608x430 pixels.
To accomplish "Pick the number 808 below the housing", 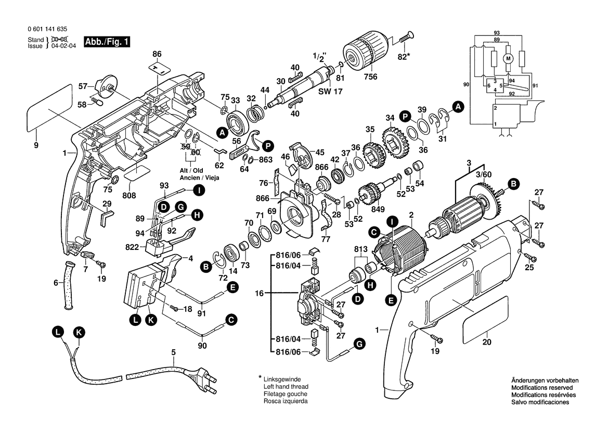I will (129, 195).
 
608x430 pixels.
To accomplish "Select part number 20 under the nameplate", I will (486, 342).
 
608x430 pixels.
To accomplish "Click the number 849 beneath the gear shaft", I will (378, 209).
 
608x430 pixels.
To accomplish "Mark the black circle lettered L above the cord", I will (58, 331).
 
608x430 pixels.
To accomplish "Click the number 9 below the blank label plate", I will (36, 146).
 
